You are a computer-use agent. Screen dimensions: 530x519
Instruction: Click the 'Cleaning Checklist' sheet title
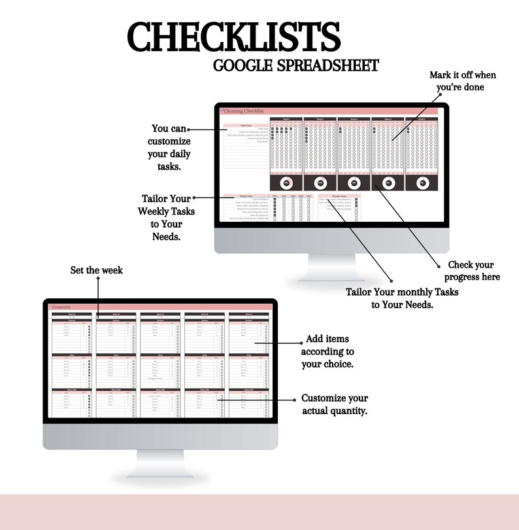(x=243, y=111)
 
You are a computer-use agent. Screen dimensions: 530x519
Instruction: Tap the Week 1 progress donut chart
(x=286, y=184)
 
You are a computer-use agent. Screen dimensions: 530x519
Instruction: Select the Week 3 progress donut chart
(x=354, y=184)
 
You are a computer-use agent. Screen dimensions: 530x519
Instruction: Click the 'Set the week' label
(x=97, y=270)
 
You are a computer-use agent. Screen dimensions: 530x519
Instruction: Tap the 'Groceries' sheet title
(x=63, y=306)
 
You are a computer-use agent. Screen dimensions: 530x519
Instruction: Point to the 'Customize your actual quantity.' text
(x=335, y=404)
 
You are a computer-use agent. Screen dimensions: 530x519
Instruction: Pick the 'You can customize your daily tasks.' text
(x=169, y=147)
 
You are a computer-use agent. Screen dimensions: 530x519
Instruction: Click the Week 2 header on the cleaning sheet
(x=320, y=119)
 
